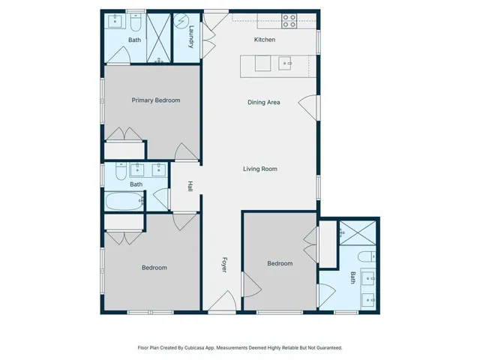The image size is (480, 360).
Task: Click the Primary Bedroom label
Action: coord(156,100)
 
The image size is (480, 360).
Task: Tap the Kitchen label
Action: coord(265,40)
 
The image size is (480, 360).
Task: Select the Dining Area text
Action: coord(264,102)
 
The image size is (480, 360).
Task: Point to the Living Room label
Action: coord(260,169)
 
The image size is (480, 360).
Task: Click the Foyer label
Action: coord(224,265)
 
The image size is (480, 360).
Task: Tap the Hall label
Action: coord(190,186)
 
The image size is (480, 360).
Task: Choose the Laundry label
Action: coord(191,37)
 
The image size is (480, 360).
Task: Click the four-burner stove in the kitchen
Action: coord(289,21)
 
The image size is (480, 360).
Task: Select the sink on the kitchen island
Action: coord(285,63)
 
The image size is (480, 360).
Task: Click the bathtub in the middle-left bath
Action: coord(124,201)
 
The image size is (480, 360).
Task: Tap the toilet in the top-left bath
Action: coord(136,22)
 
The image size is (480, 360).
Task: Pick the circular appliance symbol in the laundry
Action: coord(181,21)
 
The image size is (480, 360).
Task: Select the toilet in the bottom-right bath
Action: coord(367,256)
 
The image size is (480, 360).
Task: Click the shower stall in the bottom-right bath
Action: coord(358,233)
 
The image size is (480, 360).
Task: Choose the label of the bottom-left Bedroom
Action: coord(154,268)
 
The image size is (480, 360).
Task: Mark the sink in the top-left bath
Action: coord(115,21)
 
